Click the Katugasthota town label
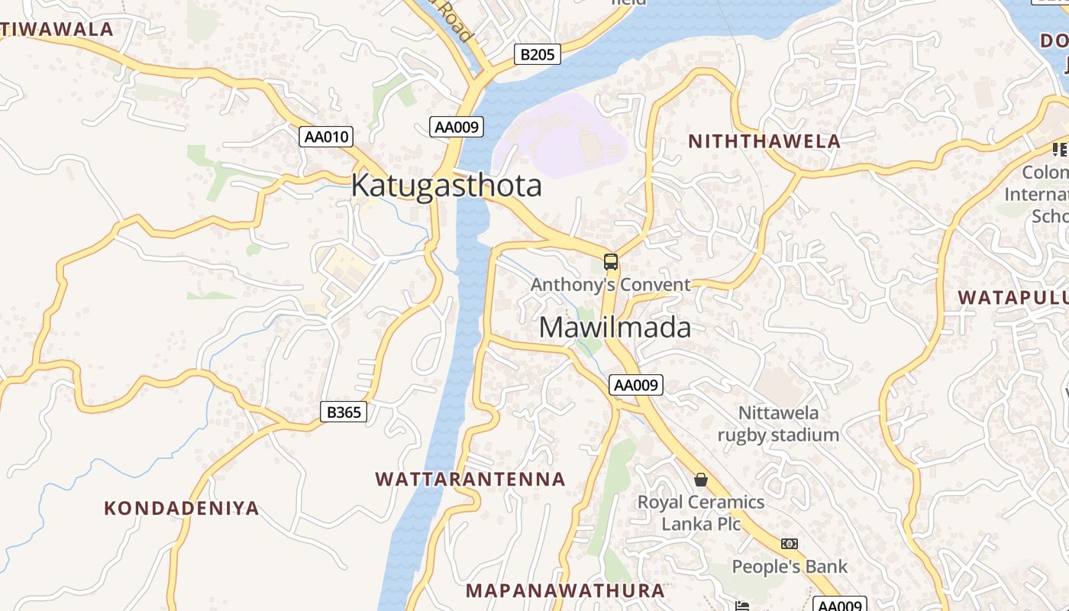(446, 186)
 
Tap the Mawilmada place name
(615, 328)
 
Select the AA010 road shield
(326, 137)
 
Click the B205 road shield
(538, 54)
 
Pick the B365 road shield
(343, 412)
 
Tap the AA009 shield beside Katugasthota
(457, 127)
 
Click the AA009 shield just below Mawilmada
(636, 385)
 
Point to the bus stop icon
(610, 262)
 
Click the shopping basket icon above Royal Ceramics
(700, 480)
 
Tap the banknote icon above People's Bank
(790, 544)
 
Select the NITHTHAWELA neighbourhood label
(764, 141)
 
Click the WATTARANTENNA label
(470, 480)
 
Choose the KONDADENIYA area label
(182, 508)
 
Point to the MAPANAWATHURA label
(565, 590)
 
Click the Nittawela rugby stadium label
(778, 424)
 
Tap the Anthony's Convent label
(610, 285)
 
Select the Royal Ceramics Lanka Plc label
(701, 512)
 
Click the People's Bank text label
(790, 567)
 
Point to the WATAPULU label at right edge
(1012, 297)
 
